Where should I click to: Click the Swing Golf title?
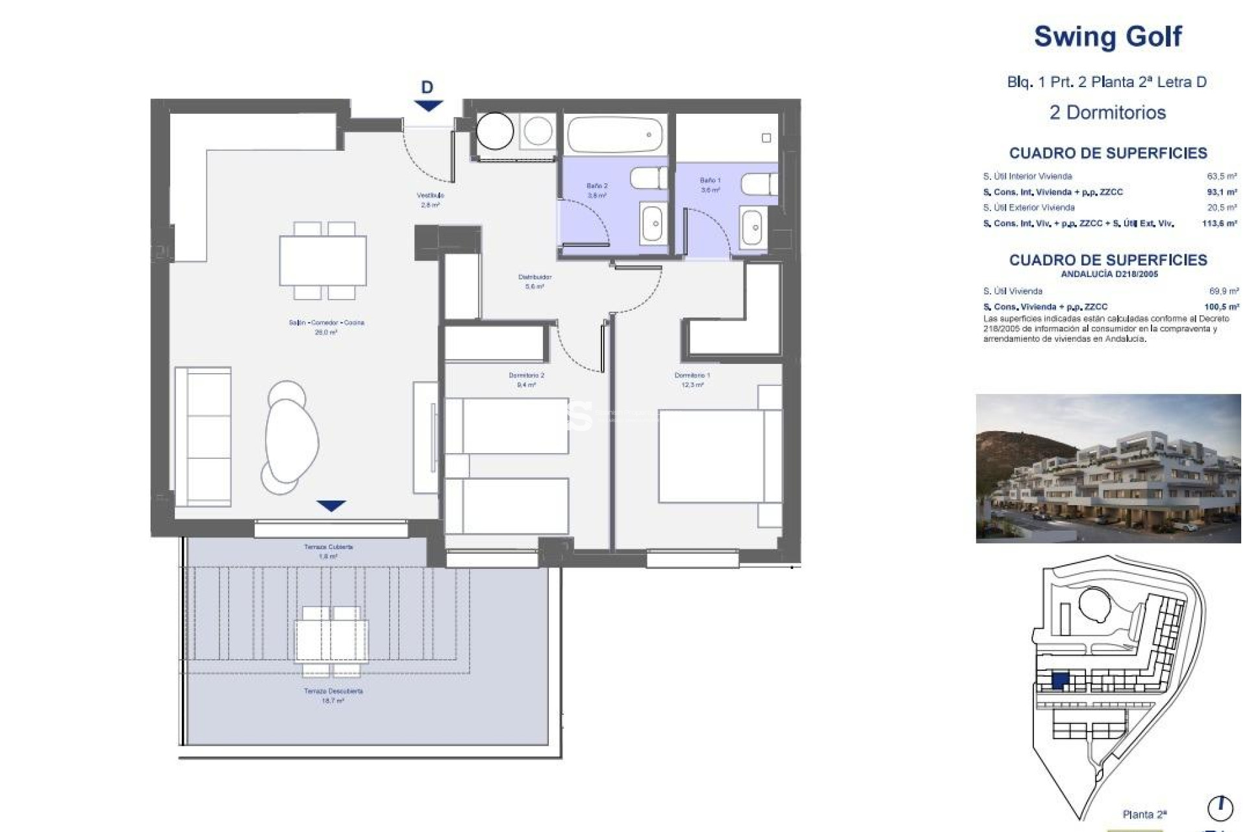[1107, 36]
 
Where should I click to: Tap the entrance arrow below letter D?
[428, 105]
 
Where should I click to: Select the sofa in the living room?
[203, 436]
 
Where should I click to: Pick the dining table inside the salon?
[323, 261]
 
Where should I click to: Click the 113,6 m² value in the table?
[1219, 223]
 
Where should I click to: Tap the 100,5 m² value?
[1221, 307]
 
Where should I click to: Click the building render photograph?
[1107, 468]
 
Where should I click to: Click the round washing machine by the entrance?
[495, 131]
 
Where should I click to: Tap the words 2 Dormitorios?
[1107, 112]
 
